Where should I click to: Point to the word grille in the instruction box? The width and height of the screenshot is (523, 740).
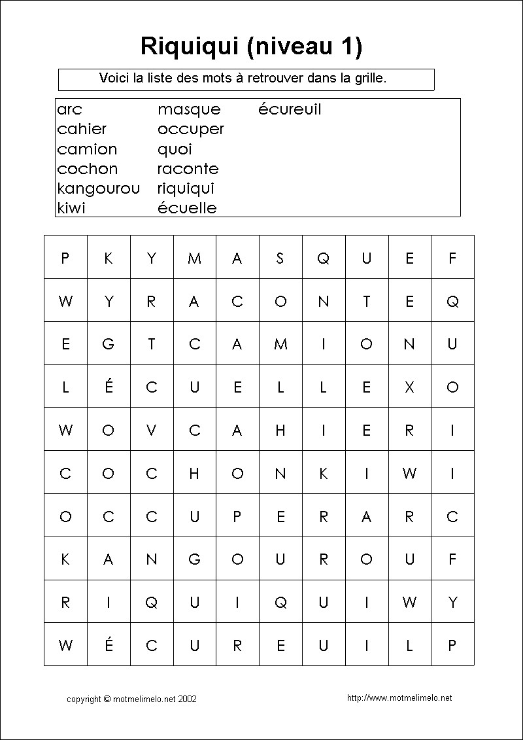click(x=371, y=79)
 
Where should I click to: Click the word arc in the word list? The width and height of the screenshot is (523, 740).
click(x=69, y=109)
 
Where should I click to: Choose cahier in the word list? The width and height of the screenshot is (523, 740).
click(x=82, y=129)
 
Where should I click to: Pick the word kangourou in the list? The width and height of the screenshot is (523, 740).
click(x=98, y=188)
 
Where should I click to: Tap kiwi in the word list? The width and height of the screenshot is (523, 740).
click(x=71, y=208)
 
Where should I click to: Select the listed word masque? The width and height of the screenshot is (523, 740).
click(x=189, y=109)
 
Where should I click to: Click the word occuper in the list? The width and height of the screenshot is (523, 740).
click(x=190, y=130)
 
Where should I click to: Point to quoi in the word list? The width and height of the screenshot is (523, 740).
click(x=175, y=149)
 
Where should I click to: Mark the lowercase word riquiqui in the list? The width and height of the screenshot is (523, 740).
click(x=186, y=188)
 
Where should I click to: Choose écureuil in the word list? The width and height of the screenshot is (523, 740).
click(x=290, y=109)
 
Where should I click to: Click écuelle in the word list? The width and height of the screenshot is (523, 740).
click(x=187, y=208)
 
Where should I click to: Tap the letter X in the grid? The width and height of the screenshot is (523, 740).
click(x=409, y=387)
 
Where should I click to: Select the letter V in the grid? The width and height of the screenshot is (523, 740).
click(x=152, y=431)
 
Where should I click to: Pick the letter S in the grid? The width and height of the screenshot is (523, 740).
click(x=280, y=258)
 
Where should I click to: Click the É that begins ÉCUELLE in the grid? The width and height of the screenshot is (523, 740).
click(x=109, y=387)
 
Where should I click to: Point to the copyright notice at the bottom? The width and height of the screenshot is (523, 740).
click(x=131, y=699)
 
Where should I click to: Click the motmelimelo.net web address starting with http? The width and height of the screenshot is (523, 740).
click(x=399, y=698)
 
